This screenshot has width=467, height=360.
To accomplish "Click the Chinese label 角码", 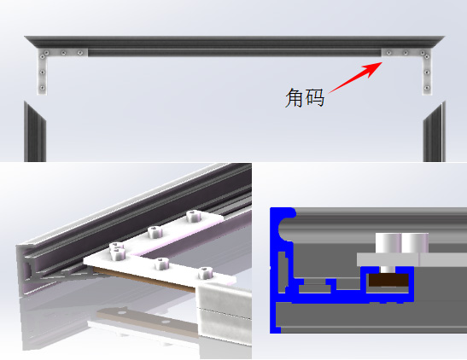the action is point(305,97).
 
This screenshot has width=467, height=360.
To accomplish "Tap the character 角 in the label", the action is point(295,97).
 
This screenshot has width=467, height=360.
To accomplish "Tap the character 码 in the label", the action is point(315,97).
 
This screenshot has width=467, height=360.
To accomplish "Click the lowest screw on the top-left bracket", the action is point(42,88).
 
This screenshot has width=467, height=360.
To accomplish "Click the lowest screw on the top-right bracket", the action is point(427,88).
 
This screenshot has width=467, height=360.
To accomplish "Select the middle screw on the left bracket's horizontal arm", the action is point(63,53).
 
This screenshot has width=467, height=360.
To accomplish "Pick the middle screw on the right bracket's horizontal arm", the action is point(406,53).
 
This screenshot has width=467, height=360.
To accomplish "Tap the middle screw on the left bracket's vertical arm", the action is point(43,72).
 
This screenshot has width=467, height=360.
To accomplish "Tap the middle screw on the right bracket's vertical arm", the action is point(427,73).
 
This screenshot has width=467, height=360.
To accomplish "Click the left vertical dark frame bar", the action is point(35,132).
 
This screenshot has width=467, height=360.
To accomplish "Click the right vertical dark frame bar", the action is point(435,132).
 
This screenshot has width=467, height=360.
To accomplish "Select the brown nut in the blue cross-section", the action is point(388,280).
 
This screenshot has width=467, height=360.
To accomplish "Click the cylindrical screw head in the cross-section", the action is point(402,243).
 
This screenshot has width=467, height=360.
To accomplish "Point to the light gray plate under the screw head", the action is point(412,259).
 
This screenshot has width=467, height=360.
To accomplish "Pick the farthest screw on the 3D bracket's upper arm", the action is point(193,216).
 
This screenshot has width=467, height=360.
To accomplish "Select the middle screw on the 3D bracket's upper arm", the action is point(155,232).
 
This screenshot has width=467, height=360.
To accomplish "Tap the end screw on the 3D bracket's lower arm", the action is point(205,273).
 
